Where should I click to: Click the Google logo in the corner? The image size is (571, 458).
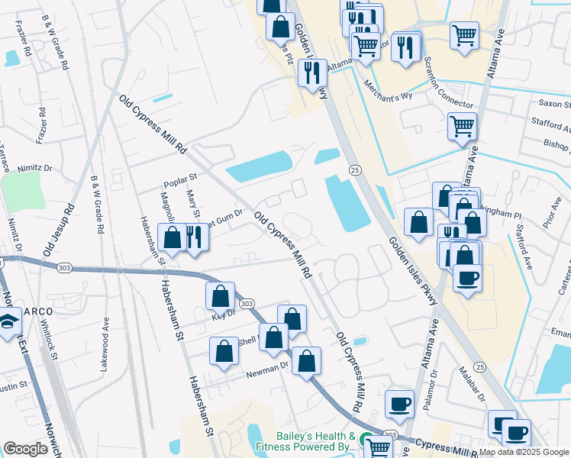(25, 449)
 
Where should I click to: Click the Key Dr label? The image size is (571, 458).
(223, 313)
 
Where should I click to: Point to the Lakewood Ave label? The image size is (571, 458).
(104, 343)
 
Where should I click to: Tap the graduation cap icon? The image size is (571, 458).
(8, 321)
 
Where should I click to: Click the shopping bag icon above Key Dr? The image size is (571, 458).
(220, 295)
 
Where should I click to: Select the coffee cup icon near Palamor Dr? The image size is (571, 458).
(398, 404)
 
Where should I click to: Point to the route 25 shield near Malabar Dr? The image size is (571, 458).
(480, 368)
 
